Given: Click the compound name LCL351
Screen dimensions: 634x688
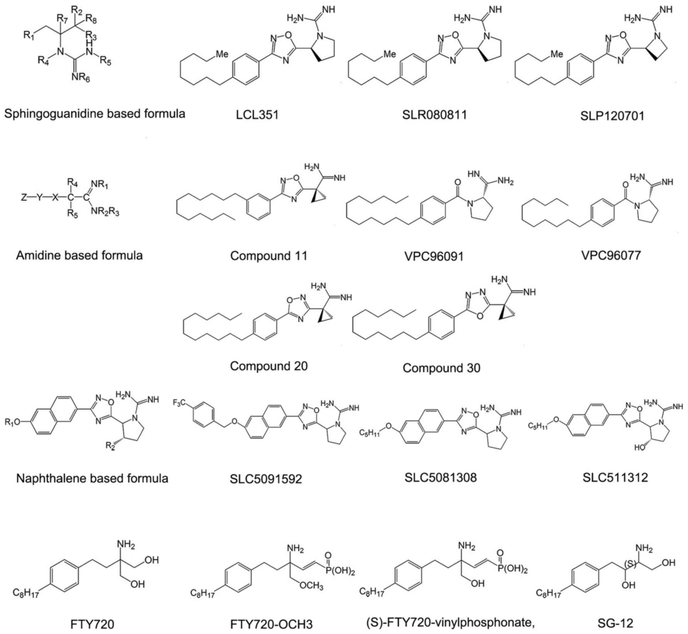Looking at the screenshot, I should [257, 115].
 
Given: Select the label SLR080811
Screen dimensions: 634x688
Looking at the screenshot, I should [434, 115].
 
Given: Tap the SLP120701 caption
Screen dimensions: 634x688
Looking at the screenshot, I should [612, 116].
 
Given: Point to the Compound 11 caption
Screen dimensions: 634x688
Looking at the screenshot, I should [269, 256].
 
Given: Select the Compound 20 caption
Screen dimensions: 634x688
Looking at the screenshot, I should [269, 366].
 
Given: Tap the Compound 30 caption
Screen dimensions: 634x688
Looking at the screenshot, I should [441, 368].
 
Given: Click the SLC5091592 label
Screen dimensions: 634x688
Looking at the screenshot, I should [266, 479].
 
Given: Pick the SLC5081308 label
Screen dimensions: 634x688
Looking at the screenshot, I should [441, 477].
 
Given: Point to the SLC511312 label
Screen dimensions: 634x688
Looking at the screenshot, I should [615, 477].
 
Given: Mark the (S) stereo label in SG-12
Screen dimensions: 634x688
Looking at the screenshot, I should [630, 564].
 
